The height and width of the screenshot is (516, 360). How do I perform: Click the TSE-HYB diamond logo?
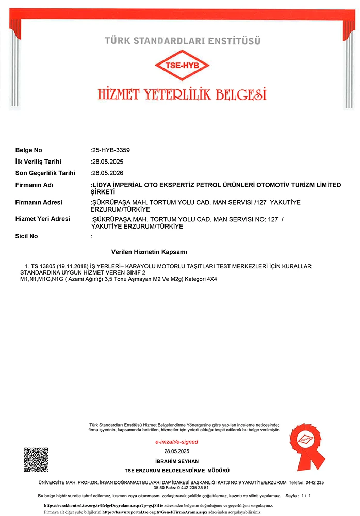point(182,65)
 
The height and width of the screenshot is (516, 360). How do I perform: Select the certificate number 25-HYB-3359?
point(111,150)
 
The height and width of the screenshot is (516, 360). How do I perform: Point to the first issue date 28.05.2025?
point(108,162)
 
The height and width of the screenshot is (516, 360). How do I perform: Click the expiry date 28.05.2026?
point(108,173)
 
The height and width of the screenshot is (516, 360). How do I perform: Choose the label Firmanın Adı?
point(35,185)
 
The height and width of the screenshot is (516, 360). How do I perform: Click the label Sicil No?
point(27,236)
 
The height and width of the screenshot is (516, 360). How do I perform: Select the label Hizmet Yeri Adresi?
point(43,219)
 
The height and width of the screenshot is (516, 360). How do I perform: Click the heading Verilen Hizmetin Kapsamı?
point(149,252)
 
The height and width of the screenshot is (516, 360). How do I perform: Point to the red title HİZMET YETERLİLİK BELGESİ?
point(182,94)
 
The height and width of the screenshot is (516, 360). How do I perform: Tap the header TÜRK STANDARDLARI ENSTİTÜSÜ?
point(182,40)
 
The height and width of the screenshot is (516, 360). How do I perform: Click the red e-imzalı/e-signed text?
point(176,442)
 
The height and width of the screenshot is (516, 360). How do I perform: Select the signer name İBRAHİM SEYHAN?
point(176,461)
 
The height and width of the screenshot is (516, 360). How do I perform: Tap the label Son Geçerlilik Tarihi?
point(45,173)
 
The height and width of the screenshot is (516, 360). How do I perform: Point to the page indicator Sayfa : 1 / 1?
point(298,496)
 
